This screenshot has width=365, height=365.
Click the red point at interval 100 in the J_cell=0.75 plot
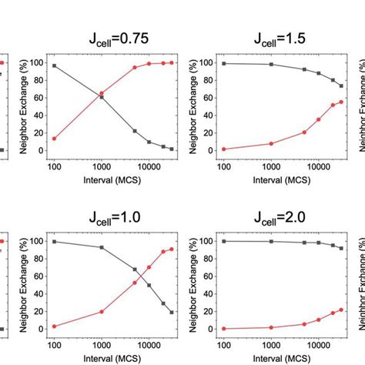tap(54, 139)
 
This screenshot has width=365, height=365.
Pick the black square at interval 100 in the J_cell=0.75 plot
tap(54, 66)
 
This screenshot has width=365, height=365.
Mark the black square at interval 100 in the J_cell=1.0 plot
tap(54, 242)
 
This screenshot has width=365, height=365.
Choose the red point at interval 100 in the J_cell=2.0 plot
tap(224, 329)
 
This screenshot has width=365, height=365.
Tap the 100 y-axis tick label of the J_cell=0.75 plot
tap(36, 63)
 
